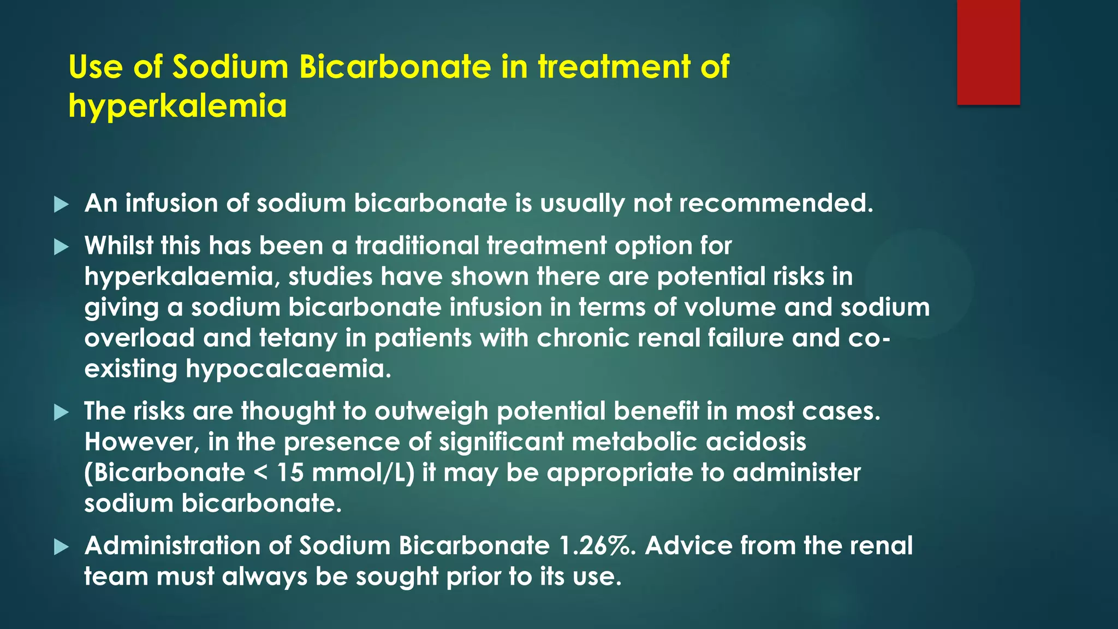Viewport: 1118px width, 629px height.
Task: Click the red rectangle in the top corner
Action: [988, 52]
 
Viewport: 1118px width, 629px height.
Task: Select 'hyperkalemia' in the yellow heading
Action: [177, 105]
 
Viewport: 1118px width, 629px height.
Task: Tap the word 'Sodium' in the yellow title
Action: [230, 67]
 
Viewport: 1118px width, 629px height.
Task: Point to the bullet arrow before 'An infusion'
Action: [62, 205]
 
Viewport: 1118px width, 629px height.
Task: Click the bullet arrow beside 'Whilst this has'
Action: [62, 247]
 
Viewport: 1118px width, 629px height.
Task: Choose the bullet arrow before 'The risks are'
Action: [62, 413]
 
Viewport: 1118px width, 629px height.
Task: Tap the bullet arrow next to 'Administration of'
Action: [62, 547]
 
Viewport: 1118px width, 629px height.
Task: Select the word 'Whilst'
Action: [118, 245]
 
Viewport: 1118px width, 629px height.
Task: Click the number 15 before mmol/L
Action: [289, 472]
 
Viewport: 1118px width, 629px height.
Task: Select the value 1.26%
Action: [597, 545]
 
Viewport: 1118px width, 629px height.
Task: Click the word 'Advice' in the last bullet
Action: [688, 545]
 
